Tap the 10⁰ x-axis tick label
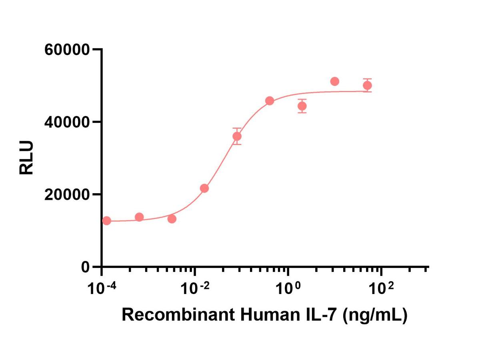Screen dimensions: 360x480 click(288, 287)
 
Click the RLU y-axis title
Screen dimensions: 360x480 click(27, 158)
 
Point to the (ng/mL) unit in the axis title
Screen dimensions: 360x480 click(375, 315)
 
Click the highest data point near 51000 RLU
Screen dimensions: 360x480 click(335, 82)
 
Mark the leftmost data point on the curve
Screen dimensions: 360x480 click(106, 220)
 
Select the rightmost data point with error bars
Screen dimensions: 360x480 click(367, 85)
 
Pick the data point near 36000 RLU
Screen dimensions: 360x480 click(237, 136)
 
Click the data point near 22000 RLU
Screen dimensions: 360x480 click(204, 188)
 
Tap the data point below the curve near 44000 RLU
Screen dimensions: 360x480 click(302, 106)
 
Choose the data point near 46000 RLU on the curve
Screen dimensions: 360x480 click(270, 101)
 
